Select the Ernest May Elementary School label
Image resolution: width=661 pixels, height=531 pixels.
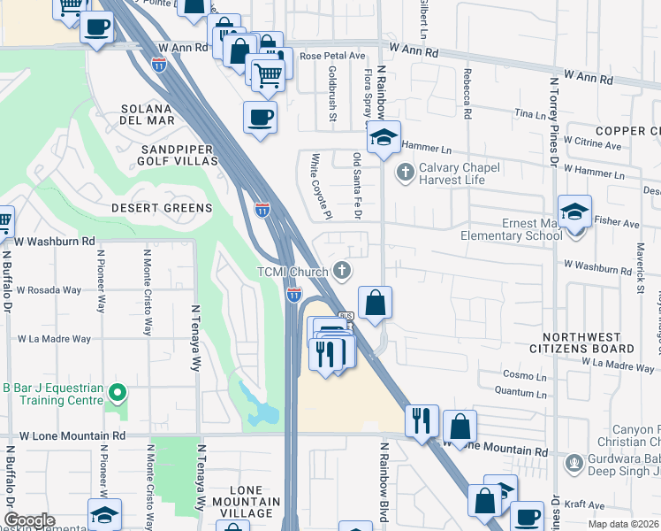(x=511, y=229)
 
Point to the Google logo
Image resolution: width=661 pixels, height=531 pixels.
(x=29, y=520)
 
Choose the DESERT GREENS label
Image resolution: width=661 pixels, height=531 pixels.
(x=162, y=208)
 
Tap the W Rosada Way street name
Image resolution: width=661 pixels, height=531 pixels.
(x=49, y=289)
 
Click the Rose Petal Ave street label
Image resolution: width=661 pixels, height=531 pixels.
(x=332, y=56)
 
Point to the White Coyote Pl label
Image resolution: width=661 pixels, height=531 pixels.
(x=319, y=185)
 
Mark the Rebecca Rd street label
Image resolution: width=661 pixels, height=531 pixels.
(x=464, y=96)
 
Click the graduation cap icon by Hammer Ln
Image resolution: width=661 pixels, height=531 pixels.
(x=384, y=138)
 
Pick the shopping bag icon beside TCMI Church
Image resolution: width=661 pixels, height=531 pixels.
(x=375, y=302)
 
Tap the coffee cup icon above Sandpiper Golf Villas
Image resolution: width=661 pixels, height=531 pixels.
(x=259, y=117)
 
